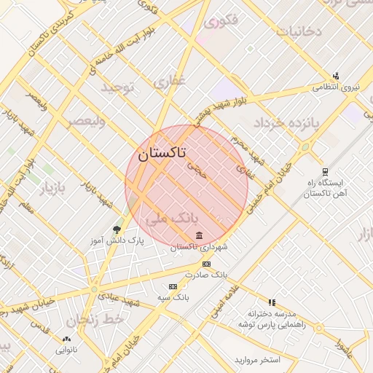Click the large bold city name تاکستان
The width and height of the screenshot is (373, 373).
tap(161, 154)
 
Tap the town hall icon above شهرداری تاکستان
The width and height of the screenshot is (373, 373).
tap(200, 235)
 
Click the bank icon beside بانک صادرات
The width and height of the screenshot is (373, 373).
tap(206, 264)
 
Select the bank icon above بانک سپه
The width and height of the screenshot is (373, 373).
tap(173, 286)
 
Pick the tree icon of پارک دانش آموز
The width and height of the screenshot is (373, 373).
tap(117, 229)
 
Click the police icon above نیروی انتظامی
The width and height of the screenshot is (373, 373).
tap(335, 75)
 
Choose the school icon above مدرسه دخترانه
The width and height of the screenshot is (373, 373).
tap(272, 302)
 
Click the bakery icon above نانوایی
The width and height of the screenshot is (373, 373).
tap(68, 339)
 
